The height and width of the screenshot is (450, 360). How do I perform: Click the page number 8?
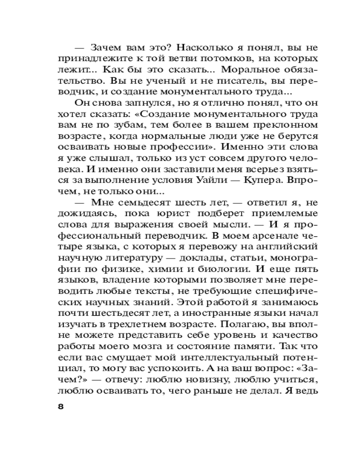[62, 407]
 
